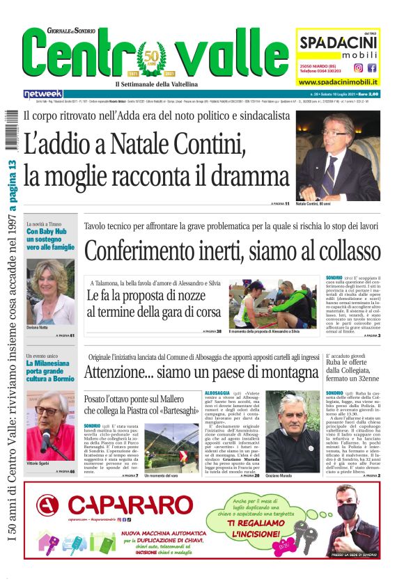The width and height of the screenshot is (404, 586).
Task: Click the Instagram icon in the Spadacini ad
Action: point(358,68)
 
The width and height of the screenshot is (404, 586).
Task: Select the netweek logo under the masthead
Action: point(43,94)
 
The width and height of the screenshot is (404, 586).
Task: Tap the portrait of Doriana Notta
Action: point(50,292)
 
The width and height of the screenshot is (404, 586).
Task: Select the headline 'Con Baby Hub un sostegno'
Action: point(50,238)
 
